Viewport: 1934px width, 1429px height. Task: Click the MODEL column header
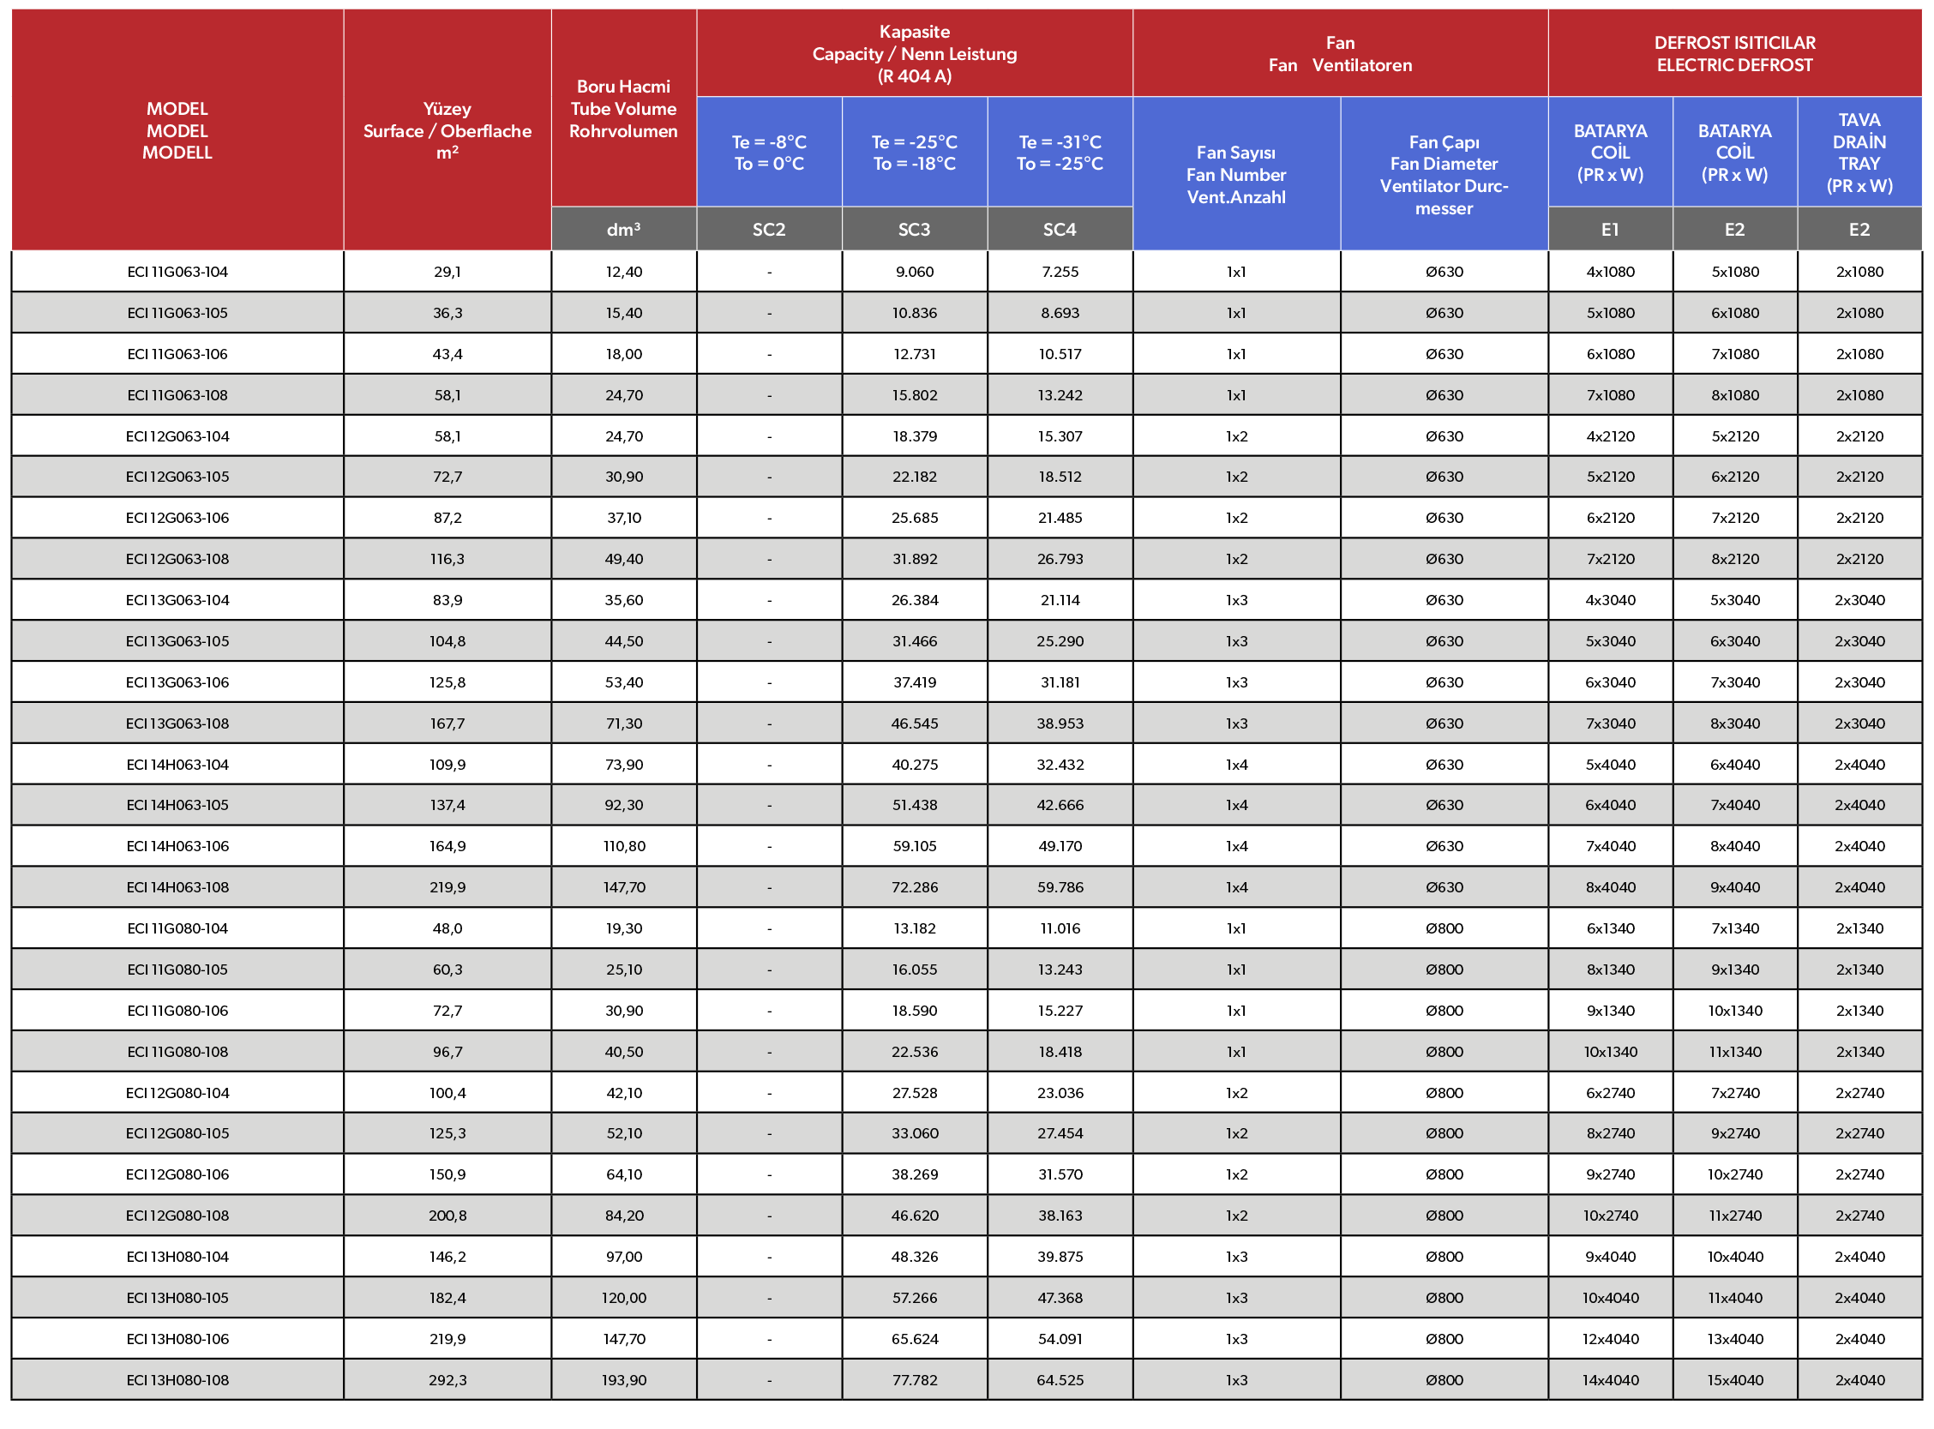(x=177, y=130)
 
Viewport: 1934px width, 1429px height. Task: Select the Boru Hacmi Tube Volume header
(x=622, y=109)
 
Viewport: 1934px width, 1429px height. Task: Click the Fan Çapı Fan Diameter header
(x=1443, y=175)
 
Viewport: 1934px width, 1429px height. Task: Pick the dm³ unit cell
(x=622, y=229)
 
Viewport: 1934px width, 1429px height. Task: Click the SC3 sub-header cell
(x=913, y=229)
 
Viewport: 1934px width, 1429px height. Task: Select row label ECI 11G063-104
(x=177, y=272)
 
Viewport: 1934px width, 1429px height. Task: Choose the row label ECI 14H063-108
(x=177, y=886)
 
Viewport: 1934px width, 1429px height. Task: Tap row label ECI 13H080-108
(x=177, y=1379)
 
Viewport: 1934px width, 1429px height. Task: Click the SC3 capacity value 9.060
(x=914, y=272)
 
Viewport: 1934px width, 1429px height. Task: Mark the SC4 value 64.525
(x=1060, y=1379)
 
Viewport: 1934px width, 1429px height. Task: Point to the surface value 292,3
(x=447, y=1379)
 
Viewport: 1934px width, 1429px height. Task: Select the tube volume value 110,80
(x=623, y=846)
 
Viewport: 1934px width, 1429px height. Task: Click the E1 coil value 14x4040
(x=1610, y=1379)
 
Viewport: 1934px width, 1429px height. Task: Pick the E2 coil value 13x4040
(x=1734, y=1339)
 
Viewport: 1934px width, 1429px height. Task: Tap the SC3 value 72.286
(x=914, y=886)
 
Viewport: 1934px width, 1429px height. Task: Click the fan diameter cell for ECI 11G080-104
(x=1444, y=928)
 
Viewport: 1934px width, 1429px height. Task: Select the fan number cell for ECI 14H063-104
(x=1236, y=765)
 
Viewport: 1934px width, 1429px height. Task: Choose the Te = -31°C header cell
(x=1060, y=153)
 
